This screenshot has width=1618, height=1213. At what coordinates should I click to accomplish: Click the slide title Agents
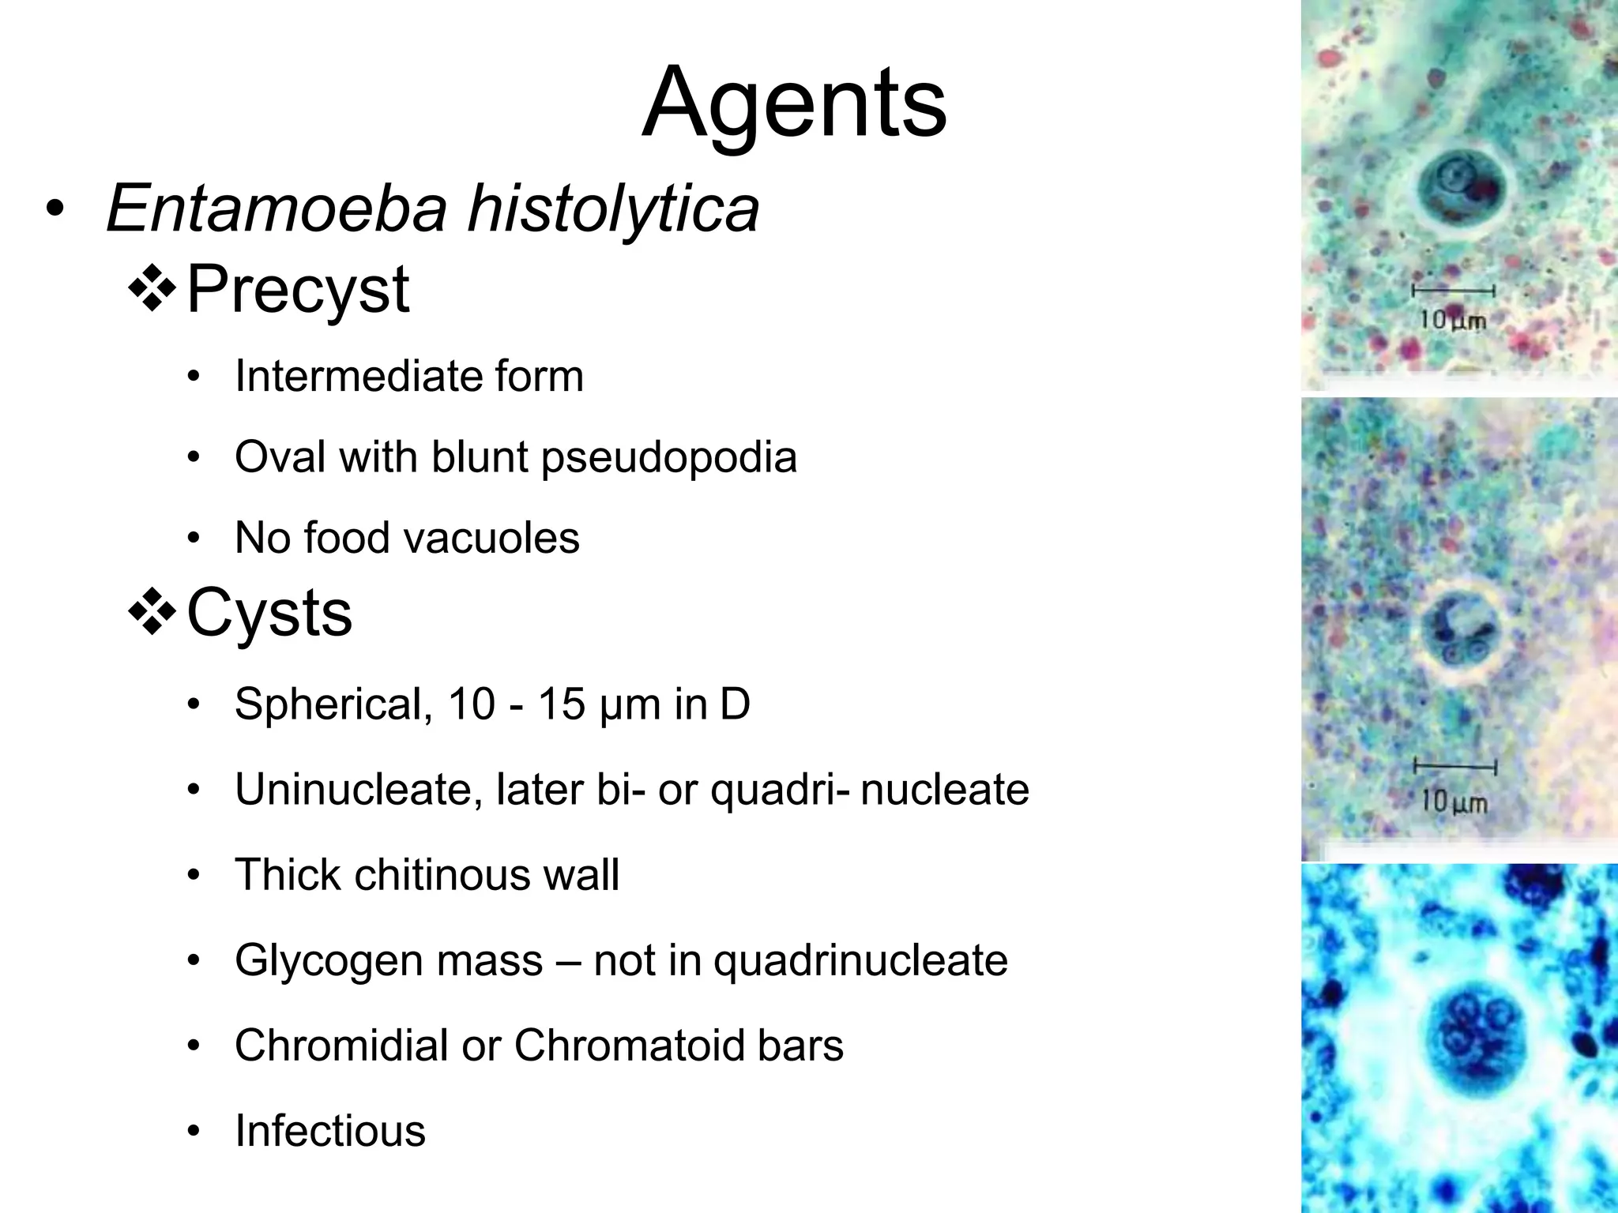click(794, 103)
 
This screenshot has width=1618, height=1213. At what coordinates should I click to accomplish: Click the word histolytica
click(614, 208)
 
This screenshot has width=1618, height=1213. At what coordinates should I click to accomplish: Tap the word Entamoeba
click(276, 208)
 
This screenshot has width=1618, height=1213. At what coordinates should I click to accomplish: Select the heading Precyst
click(298, 290)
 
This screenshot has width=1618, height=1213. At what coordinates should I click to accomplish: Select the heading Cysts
click(269, 614)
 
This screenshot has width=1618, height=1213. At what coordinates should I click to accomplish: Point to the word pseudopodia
click(668, 457)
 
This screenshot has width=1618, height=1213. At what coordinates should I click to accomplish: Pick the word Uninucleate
click(359, 789)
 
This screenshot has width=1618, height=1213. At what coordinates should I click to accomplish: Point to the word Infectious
click(330, 1131)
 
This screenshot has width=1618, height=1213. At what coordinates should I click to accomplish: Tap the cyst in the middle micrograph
click(1457, 633)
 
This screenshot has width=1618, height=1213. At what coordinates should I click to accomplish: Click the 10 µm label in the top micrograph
click(1453, 320)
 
